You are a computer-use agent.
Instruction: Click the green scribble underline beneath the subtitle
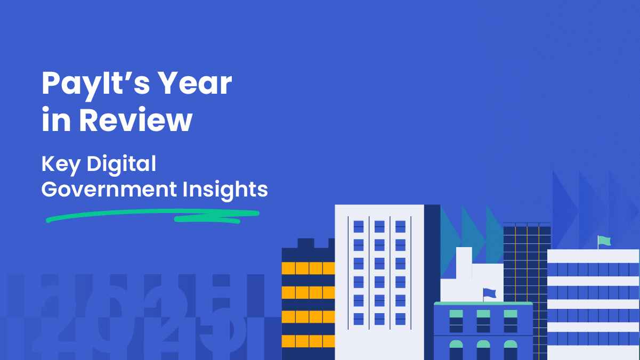[152, 215]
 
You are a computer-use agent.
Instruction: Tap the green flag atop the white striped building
[604, 241]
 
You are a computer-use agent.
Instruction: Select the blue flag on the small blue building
[489, 293]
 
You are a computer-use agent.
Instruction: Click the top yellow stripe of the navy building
[308, 268]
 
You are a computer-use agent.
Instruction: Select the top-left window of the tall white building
[359, 226]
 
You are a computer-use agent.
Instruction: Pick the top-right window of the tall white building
[400, 226]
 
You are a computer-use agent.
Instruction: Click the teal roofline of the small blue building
[483, 303]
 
